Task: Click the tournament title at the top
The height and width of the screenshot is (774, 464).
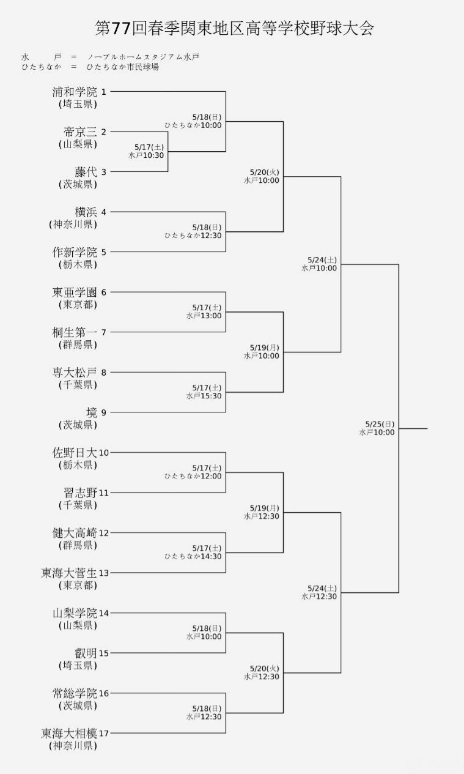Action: coord(235,28)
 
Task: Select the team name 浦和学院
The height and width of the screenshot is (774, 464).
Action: coord(75,92)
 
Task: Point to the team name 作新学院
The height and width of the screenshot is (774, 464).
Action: coord(75,252)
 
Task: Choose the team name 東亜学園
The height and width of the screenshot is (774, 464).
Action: coord(75,292)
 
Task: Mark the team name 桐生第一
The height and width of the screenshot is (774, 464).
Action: coord(75,332)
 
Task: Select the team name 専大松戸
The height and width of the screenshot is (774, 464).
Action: coord(75,373)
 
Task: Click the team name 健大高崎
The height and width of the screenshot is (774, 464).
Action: coord(75,533)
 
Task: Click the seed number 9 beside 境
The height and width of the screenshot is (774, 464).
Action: coord(103,413)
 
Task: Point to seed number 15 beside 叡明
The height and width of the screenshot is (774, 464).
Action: coord(103,653)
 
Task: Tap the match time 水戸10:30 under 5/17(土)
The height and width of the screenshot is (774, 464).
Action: coord(146,155)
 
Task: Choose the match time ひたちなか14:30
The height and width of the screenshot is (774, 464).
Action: coord(193,556)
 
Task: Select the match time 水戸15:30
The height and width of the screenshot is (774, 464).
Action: coord(204,396)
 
